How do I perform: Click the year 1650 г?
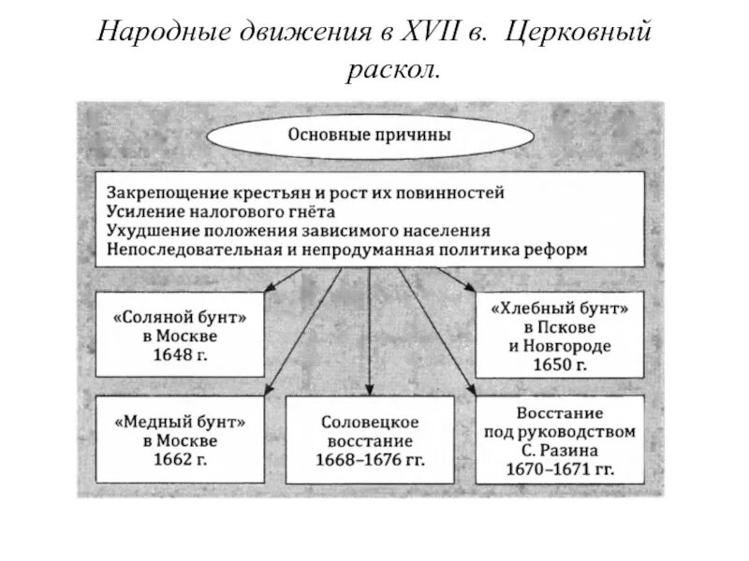coord(560,365)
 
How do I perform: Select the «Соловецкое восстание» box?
coord(369,439)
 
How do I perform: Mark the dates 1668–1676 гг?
coord(369,459)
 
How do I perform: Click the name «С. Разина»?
coord(560,450)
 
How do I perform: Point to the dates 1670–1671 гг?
coord(560,467)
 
